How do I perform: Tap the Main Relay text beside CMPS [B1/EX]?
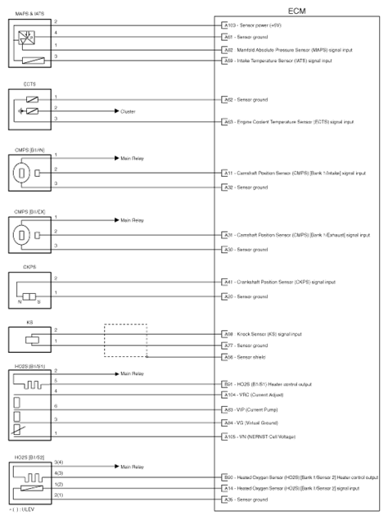tap(132, 220)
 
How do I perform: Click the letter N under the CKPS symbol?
tap(17, 304)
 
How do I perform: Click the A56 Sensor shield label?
tap(257, 358)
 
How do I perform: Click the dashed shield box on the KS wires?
tap(124, 340)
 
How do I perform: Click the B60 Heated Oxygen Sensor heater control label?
tap(298, 476)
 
